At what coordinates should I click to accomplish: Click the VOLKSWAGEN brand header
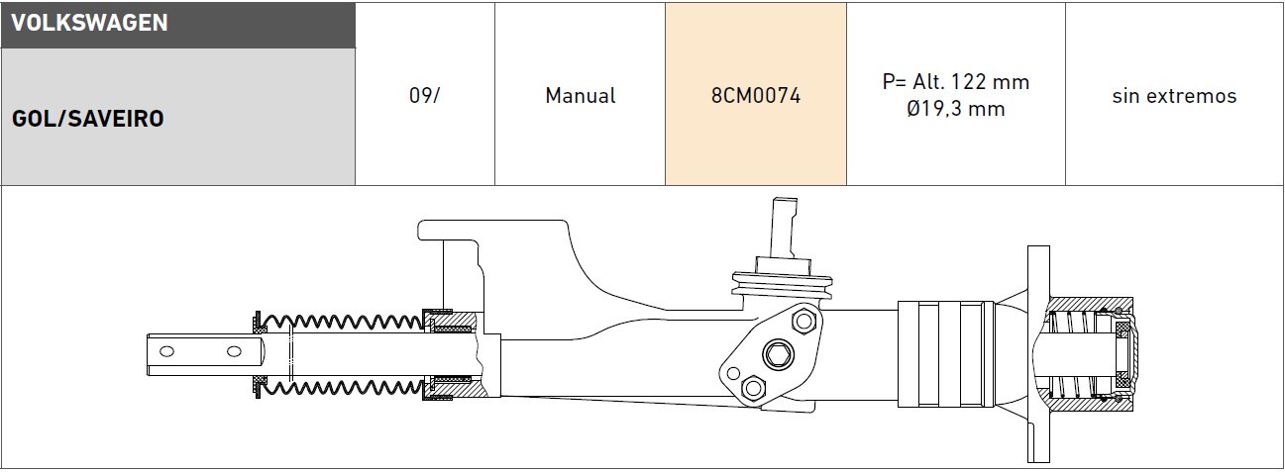(x=89, y=23)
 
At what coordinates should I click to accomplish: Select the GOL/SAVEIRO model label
(x=88, y=119)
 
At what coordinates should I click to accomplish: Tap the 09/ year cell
(x=424, y=95)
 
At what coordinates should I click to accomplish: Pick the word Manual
(x=580, y=95)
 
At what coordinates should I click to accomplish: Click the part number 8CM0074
(x=756, y=95)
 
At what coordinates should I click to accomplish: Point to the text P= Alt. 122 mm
(x=956, y=82)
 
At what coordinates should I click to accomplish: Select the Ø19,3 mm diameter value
(x=956, y=108)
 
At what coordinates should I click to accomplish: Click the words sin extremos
(x=1174, y=96)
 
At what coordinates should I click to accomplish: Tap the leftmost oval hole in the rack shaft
(x=166, y=351)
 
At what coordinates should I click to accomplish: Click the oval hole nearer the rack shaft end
(x=234, y=351)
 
